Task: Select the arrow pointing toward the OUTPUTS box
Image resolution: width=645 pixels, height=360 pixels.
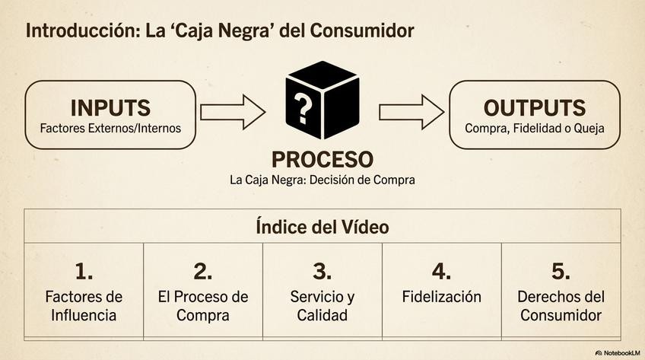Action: (411, 113)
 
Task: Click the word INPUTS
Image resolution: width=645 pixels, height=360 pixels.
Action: (110, 107)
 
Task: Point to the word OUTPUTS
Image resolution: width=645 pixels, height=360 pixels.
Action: (535, 107)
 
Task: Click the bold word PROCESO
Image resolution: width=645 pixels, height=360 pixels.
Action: (322, 160)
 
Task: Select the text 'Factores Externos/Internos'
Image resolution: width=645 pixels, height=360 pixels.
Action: (110, 128)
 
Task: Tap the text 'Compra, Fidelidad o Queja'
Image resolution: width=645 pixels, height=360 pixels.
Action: (535, 128)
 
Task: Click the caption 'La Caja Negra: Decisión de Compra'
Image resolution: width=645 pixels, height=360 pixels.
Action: (322, 180)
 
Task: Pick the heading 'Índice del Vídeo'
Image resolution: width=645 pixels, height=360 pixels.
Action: (322, 227)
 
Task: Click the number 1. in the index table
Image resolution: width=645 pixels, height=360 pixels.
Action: (84, 271)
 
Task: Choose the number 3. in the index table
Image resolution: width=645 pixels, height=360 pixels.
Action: (322, 271)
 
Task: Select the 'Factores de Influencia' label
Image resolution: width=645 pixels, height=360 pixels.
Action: (84, 306)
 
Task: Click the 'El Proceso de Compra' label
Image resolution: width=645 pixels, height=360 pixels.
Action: (202, 306)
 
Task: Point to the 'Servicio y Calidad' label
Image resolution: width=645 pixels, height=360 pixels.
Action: (322, 306)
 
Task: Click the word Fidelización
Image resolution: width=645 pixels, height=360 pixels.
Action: (441, 297)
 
